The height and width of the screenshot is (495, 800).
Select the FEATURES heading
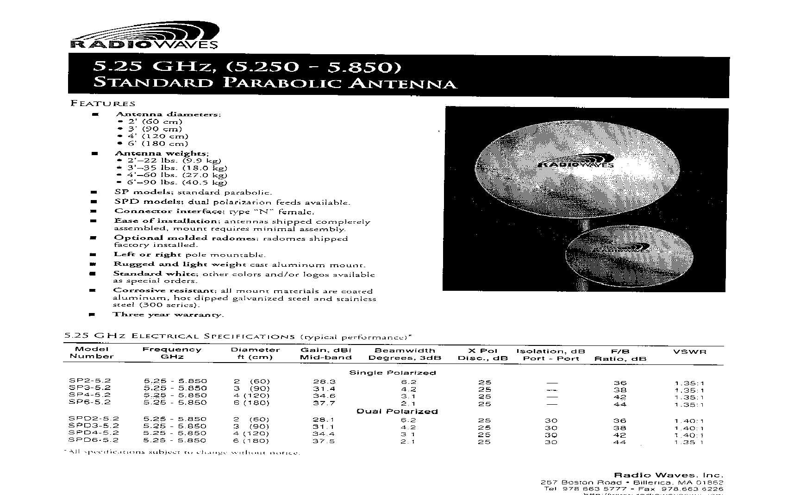(x=103, y=104)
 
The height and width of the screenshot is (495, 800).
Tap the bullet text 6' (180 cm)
(x=158, y=144)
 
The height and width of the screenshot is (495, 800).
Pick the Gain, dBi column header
(x=325, y=351)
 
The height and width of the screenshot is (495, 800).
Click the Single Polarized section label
(x=392, y=373)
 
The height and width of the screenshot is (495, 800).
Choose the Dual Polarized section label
(x=397, y=411)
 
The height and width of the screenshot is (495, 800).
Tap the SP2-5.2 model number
(x=90, y=381)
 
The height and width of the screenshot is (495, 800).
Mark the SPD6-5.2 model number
(x=94, y=440)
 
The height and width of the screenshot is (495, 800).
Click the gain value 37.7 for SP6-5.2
(x=324, y=403)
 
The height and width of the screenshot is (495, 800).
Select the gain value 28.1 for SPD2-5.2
(x=323, y=420)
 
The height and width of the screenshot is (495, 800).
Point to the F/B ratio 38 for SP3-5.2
(x=620, y=390)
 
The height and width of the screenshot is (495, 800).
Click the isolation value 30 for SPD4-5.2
(x=551, y=435)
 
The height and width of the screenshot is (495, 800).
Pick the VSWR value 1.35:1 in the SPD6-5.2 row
(x=689, y=442)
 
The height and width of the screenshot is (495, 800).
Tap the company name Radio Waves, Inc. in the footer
(x=668, y=475)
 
